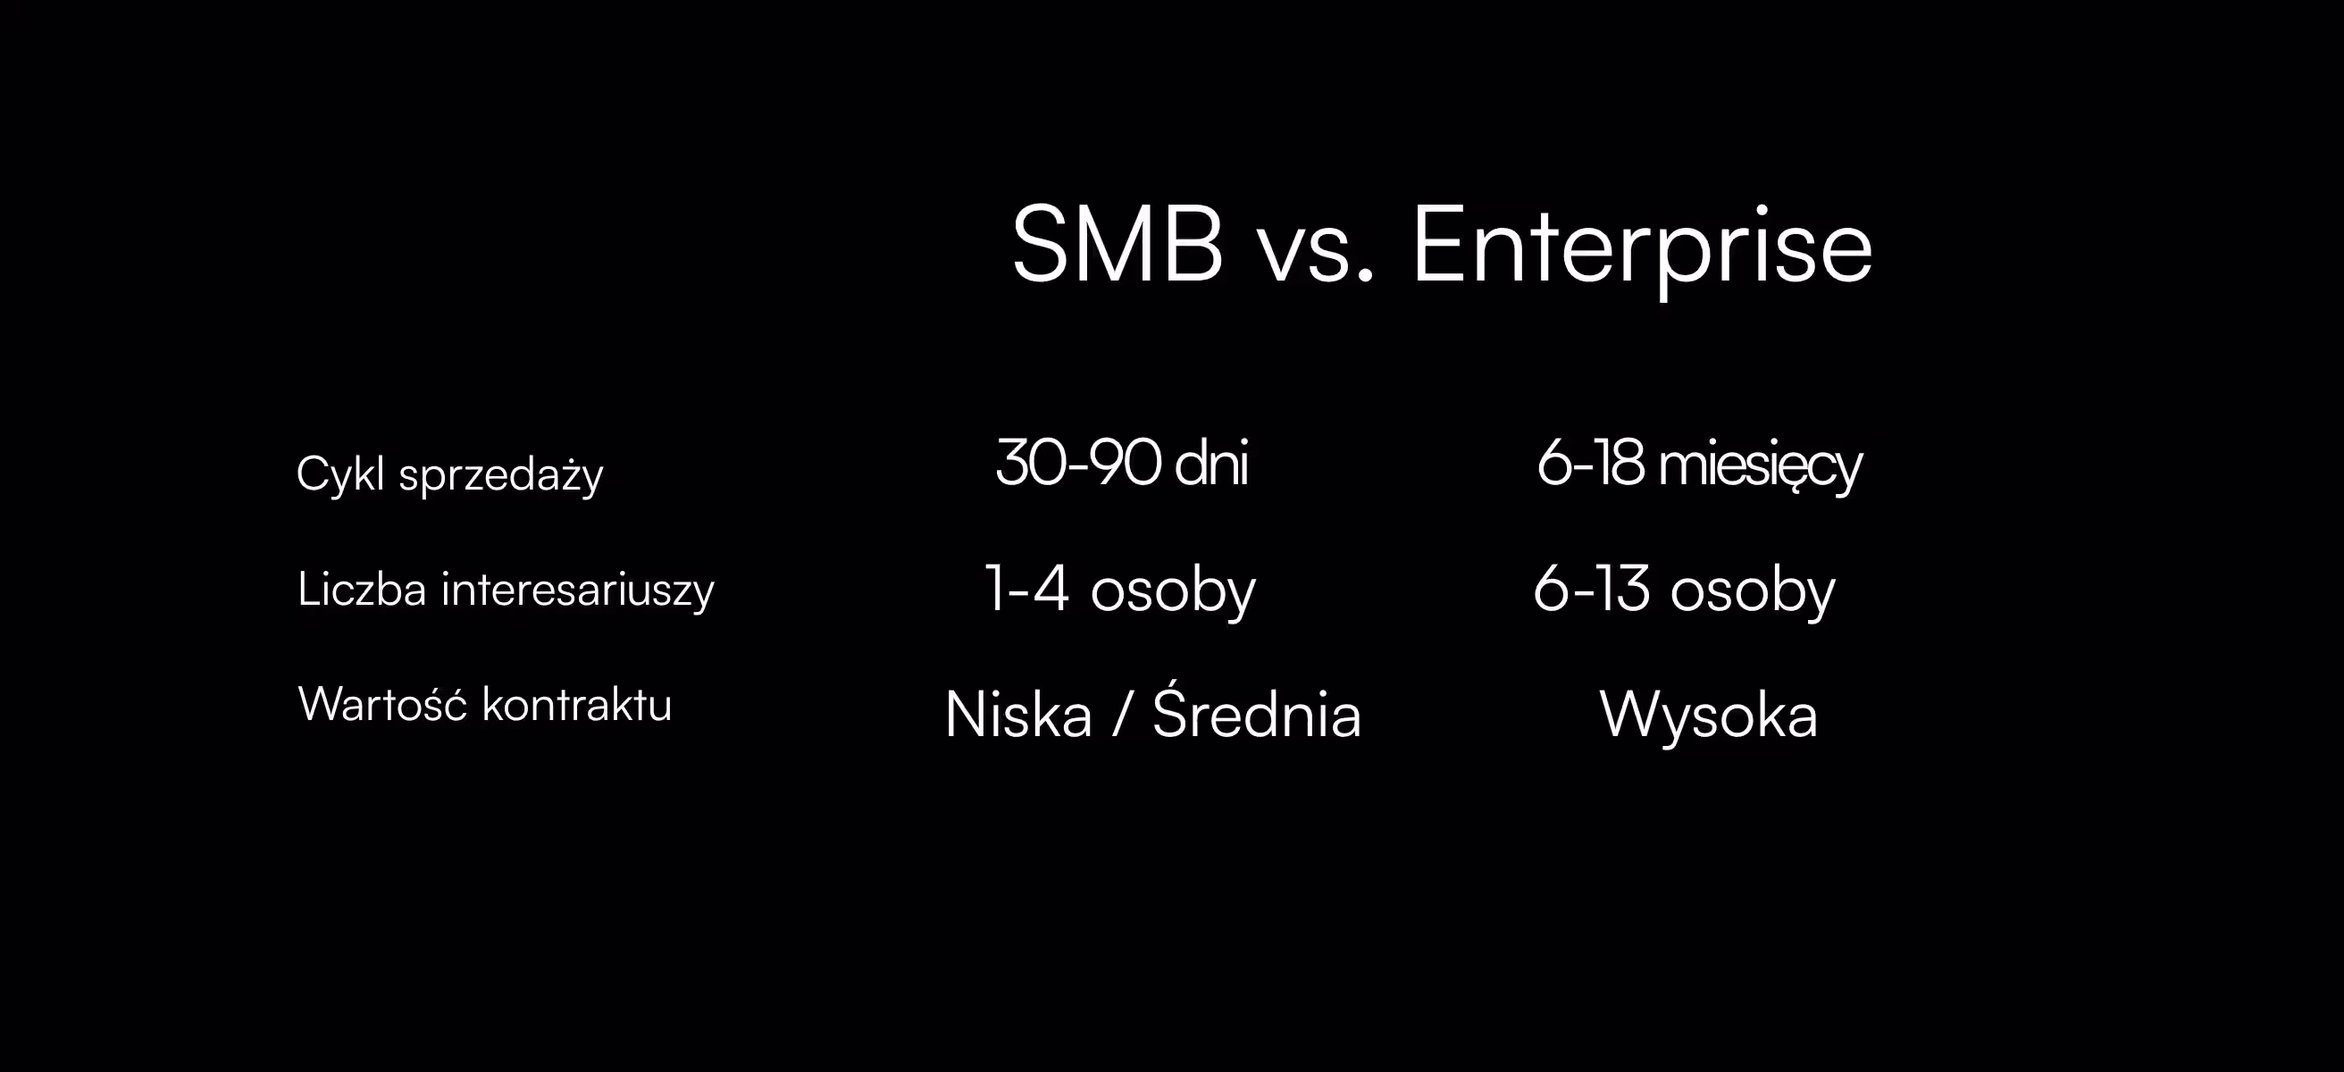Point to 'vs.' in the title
1315,251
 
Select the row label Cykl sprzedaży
449,474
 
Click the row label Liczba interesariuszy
506,589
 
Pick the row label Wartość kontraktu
485,704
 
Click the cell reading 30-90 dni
1121,464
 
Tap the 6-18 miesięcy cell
1699,465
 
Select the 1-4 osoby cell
1120,590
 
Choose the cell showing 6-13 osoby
1684,590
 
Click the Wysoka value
1708,716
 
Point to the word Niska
1018,716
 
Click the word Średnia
1257,714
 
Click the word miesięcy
1760,467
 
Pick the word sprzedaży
500,476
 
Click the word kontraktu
577,704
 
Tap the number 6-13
1591,590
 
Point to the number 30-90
1078,464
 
